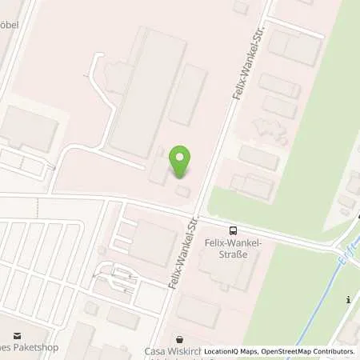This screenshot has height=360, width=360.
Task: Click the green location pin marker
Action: coord(182,162)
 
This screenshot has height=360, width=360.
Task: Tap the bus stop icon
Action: coord(232,228)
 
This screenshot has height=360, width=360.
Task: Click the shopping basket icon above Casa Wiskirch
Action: coord(180,338)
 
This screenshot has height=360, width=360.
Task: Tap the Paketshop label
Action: coord(24,350)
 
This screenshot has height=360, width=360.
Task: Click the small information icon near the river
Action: coord(348,300)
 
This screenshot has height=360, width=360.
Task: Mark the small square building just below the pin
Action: coord(183,191)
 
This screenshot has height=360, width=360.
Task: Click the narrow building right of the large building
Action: coord(188,94)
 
